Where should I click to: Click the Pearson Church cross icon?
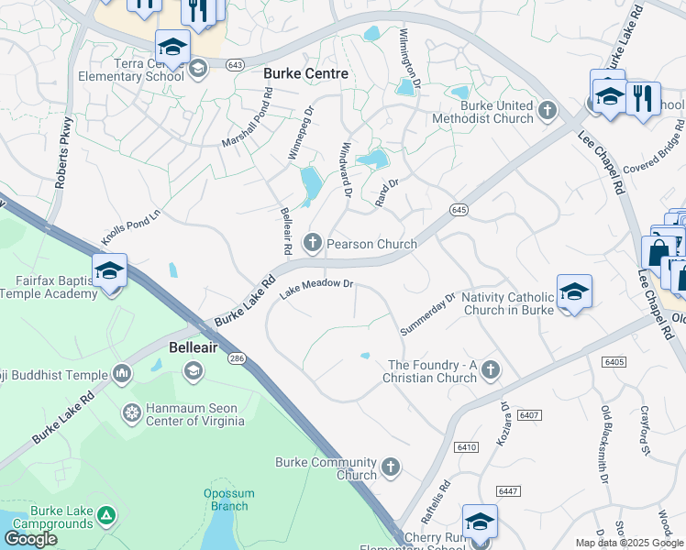pyautogui.click(x=313, y=243)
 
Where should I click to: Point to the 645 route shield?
pyautogui.click(x=459, y=210)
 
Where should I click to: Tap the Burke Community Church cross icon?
pyautogui.click(x=391, y=467)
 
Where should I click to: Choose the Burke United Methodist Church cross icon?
pyautogui.click(x=548, y=111)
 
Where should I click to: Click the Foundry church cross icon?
pyautogui.click(x=491, y=369)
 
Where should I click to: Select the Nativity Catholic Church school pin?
pyautogui.click(x=573, y=291)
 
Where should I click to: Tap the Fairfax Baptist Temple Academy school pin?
pyautogui.click(x=109, y=270)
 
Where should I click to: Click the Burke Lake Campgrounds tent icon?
pyautogui.click(x=107, y=517)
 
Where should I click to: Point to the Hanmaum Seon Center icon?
pyautogui.click(x=132, y=413)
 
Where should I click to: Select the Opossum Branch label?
pyautogui.click(x=226, y=500)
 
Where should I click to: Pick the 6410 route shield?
pyautogui.click(x=466, y=446)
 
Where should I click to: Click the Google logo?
pyautogui.click(x=31, y=538)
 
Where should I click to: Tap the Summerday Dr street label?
pyautogui.click(x=427, y=313)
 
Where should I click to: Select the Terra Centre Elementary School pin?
pyautogui.click(x=172, y=45)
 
